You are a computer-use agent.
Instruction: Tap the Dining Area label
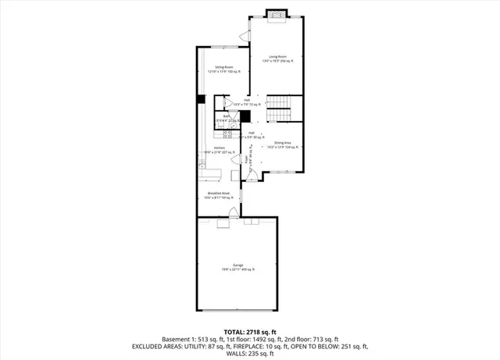coord(283,143)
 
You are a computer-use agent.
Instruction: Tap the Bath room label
coord(226,116)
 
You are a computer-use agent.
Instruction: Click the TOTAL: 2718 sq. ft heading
coord(250,332)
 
